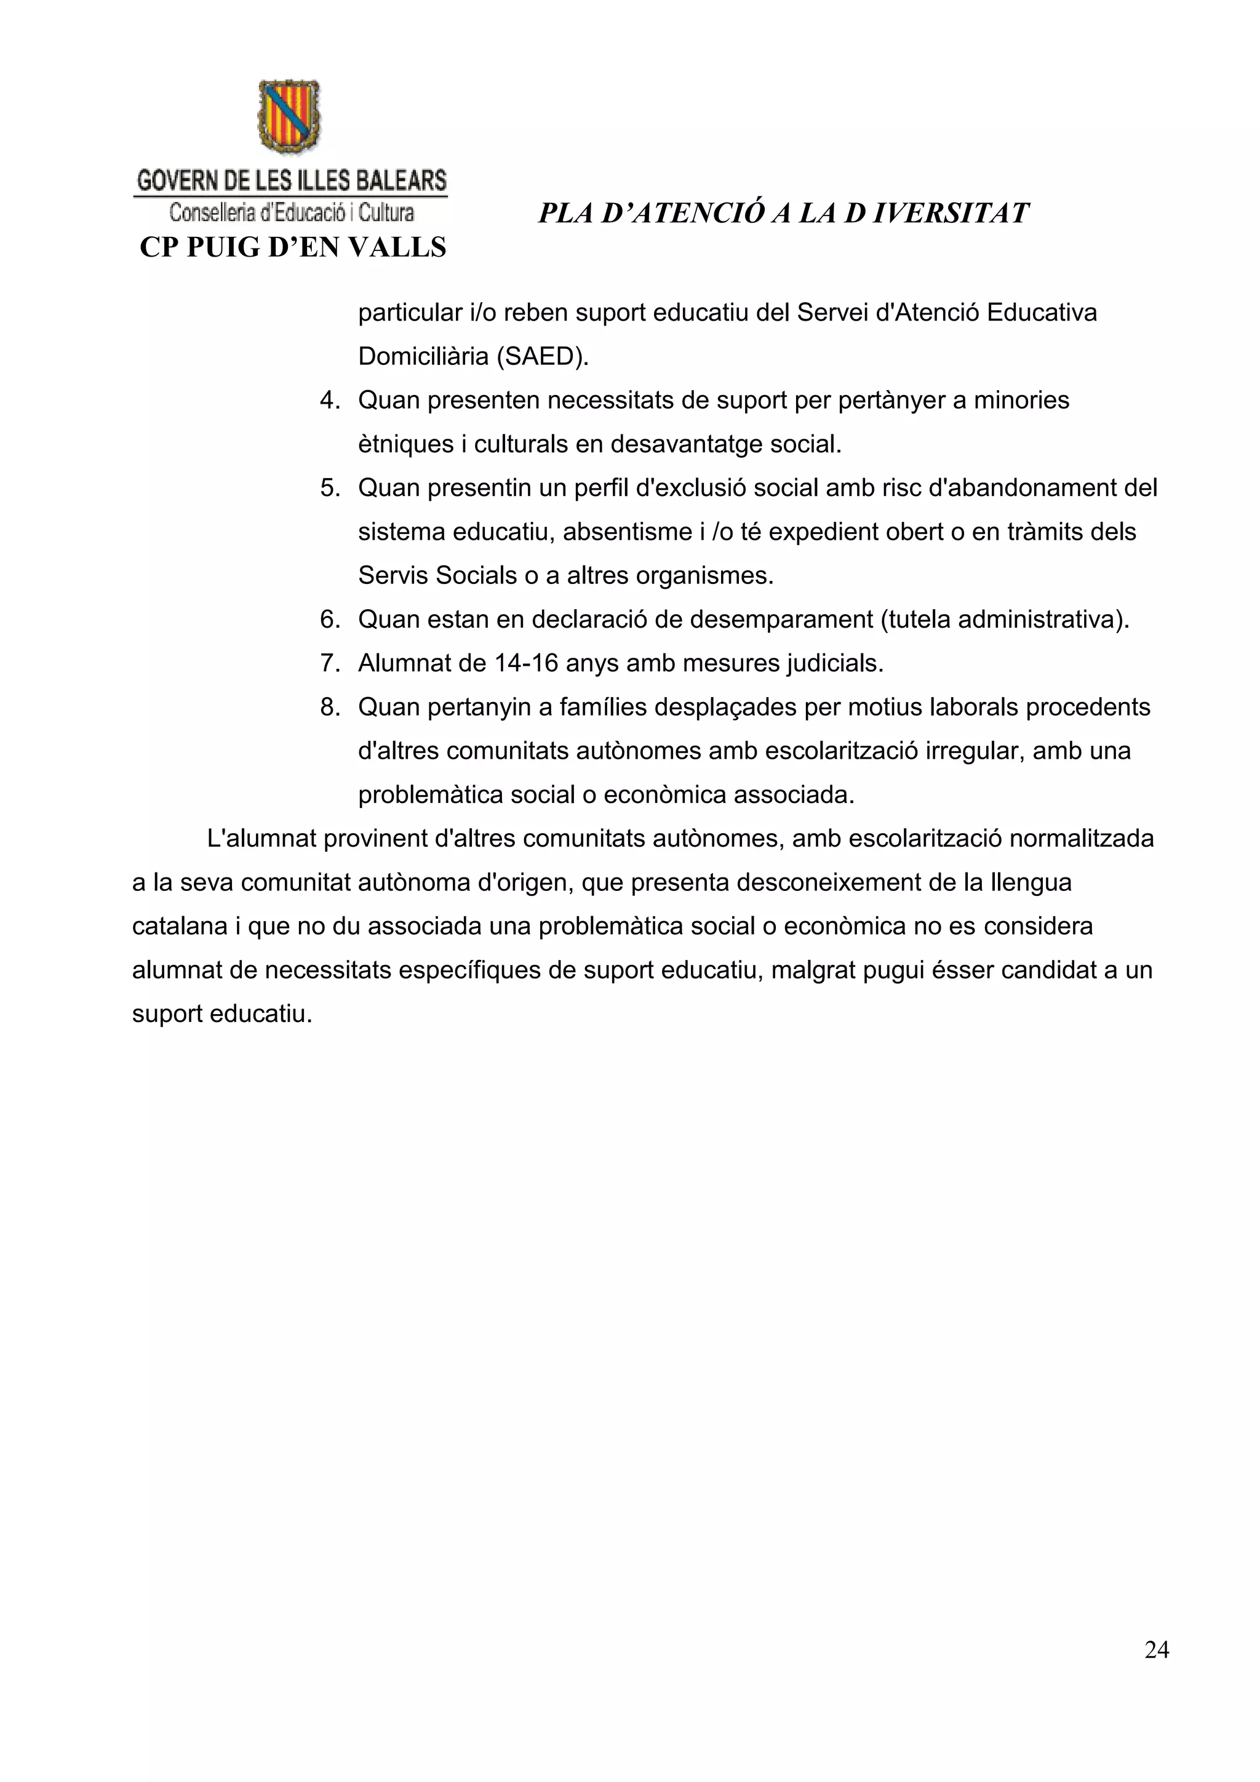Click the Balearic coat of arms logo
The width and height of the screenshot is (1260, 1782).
289,116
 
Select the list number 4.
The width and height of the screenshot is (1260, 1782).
330,401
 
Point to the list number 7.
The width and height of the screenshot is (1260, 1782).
330,663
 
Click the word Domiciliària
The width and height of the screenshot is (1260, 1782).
423,356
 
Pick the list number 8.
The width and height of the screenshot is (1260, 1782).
330,707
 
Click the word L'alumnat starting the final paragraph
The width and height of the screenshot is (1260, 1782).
261,839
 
